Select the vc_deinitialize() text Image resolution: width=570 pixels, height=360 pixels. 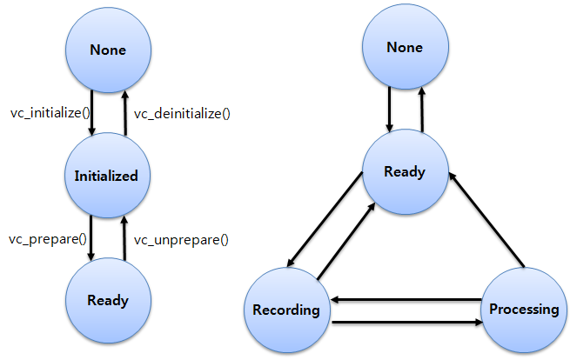(x=180, y=113)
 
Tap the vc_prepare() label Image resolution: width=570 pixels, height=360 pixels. (x=48, y=239)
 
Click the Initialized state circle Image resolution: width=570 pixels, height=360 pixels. (x=107, y=176)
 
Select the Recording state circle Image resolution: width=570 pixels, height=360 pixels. (x=287, y=310)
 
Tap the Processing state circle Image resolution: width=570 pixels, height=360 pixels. (x=523, y=310)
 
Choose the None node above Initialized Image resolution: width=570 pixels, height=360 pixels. (x=107, y=50)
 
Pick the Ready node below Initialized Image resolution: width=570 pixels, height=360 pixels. (x=107, y=301)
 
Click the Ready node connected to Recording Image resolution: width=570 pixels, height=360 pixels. (x=405, y=171)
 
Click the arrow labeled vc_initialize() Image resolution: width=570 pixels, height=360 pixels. (x=91, y=113)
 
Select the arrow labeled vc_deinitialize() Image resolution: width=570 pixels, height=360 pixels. (x=124, y=113)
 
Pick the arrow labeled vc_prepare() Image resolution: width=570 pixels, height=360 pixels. (x=91, y=239)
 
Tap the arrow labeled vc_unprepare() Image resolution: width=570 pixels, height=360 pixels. (x=124, y=239)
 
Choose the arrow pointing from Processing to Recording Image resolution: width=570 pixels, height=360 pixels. (x=405, y=300)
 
